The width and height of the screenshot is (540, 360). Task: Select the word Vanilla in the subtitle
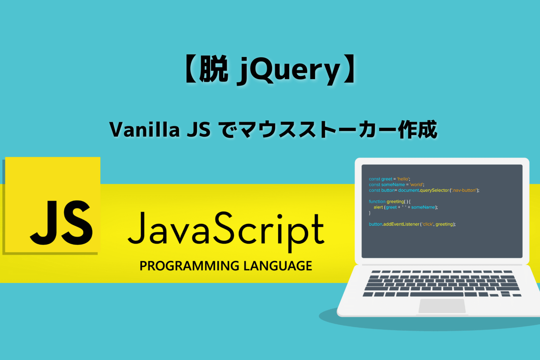coord(144,129)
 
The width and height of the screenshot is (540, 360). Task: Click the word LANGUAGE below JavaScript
coord(278,266)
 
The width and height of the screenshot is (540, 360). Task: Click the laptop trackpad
coord(442,306)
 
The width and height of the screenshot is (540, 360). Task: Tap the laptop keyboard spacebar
coord(436,294)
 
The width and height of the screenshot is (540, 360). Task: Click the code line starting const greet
coord(389,179)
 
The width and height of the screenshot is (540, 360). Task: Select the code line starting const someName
coord(396,185)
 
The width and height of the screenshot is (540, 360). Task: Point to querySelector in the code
coord(434,190)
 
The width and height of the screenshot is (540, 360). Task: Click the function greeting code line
coord(389,201)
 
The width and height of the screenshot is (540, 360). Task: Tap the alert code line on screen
coord(405,207)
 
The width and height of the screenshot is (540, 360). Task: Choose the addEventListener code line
coord(412,224)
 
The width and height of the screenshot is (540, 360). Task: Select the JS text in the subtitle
coord(199,129)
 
